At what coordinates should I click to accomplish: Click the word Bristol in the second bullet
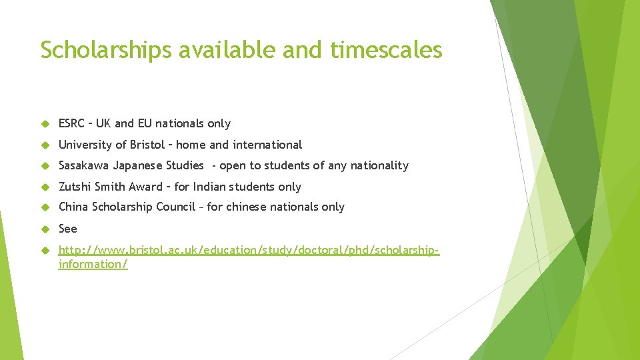[150, 145]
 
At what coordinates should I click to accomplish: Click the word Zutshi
[73, 187]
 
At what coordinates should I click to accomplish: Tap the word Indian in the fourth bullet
[209, 187]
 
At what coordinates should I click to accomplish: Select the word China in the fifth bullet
[73, 207]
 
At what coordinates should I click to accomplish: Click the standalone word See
[68, 229]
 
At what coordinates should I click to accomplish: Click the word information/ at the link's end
[93, 264]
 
